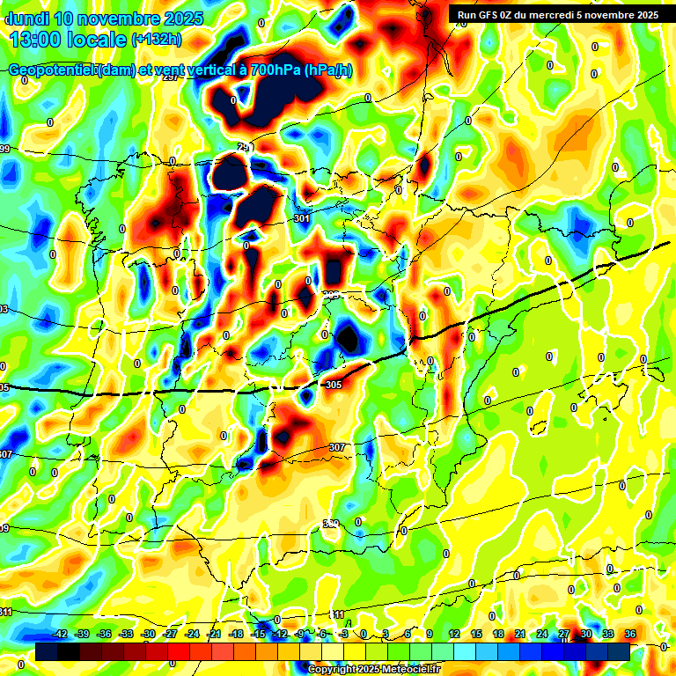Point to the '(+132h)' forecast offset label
pos(156,40)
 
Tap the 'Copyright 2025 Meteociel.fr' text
pos(373,670)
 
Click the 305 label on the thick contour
pos(333,385)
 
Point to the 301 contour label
pos(302,217)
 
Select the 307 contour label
pos(337,447)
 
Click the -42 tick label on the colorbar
pos(60,634)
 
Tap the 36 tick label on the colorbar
pos(630,634)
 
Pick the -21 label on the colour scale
pos(214,634)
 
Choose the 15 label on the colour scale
pos(476,634)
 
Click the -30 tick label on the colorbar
pos(148,634)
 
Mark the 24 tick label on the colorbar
pos(542,634)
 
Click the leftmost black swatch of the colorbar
pos(47,650)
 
